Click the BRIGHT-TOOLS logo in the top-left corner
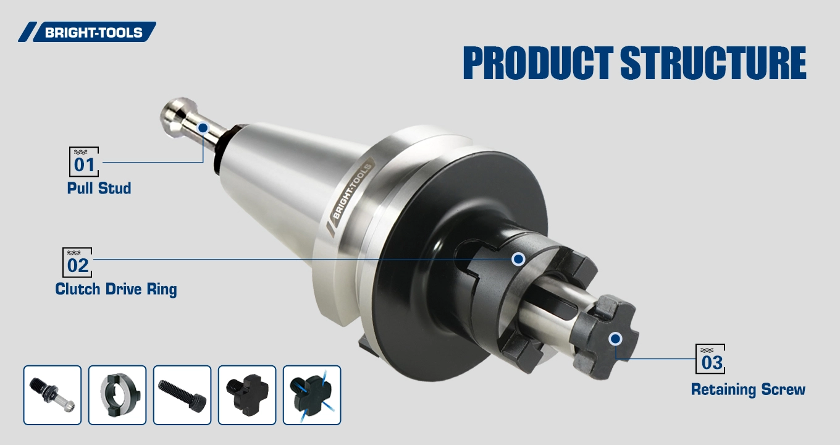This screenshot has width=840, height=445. pyautogui.click(x=87, y=32)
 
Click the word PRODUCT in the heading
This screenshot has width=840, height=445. pyautogui.click(x=538, y=62)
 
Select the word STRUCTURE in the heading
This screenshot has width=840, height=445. pyautogui.click(x=713, y=62)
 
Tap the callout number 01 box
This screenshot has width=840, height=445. pyautogui.click(x=84, y=162)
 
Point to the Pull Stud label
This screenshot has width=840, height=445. pyautogui.click(x=99, y=188)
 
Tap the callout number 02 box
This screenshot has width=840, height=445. pyautogui.click(x=77, y=262)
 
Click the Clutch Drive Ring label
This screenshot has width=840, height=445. pyautogui.click(x=116, y=289)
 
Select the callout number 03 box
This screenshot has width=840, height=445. pyautogui.click(x=710, y=358)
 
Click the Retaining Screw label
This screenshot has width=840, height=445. pyautogui.click(x=748, y=389)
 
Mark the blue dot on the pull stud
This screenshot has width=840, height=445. pyautogui.click(x=203, y=128)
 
